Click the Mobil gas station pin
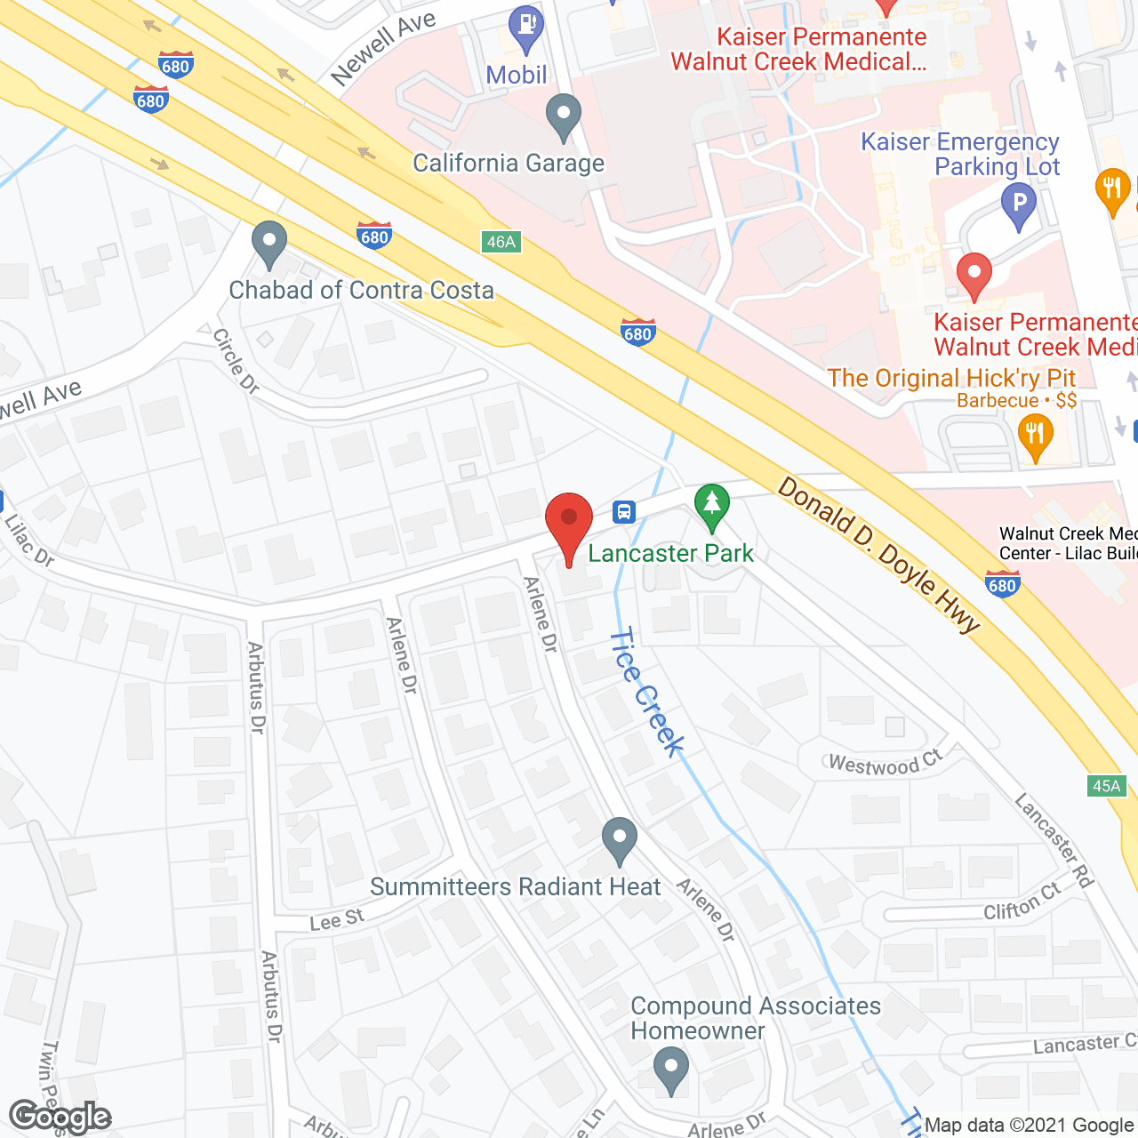tap(527, 29)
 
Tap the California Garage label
tap(509, 164)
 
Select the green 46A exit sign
tap(501, 242)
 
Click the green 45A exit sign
tap(1107, 786)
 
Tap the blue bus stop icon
tap(624, 512)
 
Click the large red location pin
tap(569, 525)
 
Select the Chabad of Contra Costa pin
tap(268, 244)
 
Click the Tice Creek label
tap(646, 692)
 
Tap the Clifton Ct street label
tap(1022, 904)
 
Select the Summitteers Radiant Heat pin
tap(619, 840)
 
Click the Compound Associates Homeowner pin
tap(671, 1070)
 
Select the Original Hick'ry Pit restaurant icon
tap(1035, 437)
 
